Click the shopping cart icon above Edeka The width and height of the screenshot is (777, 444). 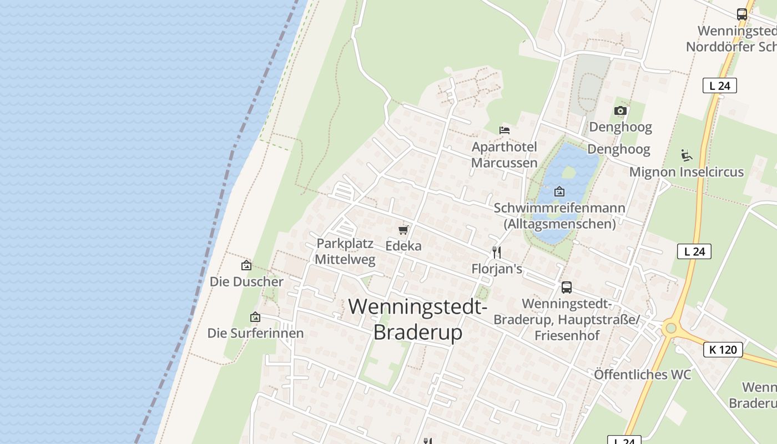[x=403, y=230]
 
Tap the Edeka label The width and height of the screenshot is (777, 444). [x=403, y=246]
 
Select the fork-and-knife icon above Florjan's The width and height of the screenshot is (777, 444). [x=497, y=253]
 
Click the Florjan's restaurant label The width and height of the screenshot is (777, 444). [x=497, y=269]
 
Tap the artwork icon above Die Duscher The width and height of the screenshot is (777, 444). [x=246, y=265]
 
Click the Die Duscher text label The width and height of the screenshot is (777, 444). [x=246, y=282]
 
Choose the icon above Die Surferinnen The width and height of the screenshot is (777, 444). [x=255, y=317]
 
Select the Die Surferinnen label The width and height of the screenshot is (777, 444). [x=255, y=333]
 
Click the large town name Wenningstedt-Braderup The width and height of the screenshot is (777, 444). [x=418, y=319]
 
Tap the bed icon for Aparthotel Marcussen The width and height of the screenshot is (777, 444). [x=504, y=130]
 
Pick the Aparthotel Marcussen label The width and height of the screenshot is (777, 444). [x=504, y=155]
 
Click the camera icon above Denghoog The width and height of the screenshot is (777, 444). [x=620, y=111]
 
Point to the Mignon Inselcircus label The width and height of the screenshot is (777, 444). [x=686, y=172]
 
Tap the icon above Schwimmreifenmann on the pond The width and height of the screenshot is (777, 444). [x=559, y=192]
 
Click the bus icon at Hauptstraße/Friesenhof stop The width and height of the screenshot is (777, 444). [x=567, y=287]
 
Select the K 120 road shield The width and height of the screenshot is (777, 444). [x=723, y=350]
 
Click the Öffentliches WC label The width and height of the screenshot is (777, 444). [x=642, y=375]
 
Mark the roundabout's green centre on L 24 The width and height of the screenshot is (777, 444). [x=671, y=329]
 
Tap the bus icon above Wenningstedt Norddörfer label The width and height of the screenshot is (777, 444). [x=742, y=14]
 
